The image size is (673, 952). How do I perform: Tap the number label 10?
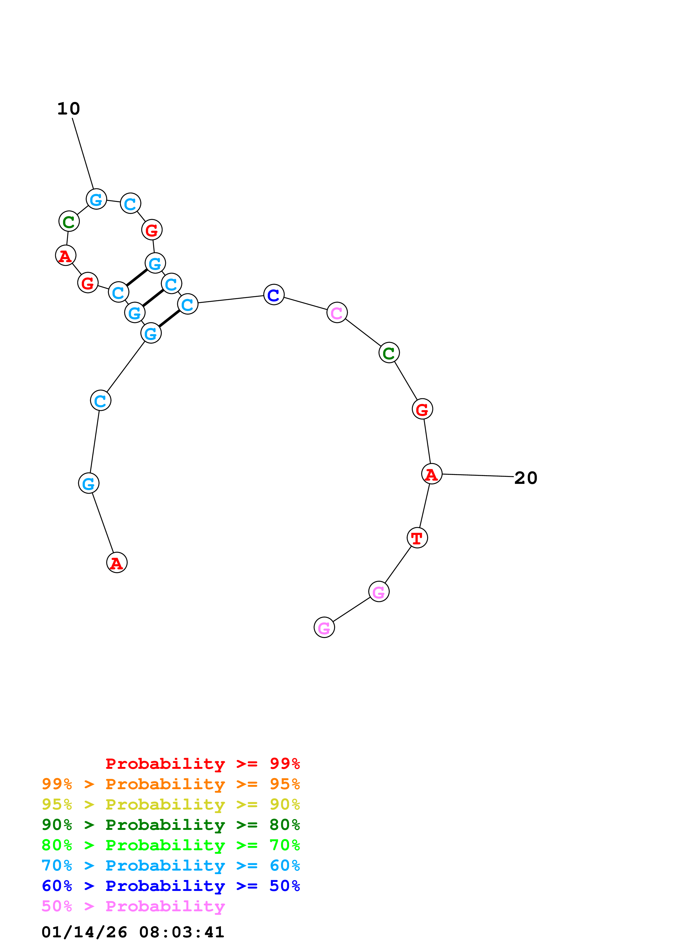(68, 109)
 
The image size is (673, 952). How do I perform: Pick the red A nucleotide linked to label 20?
(431, 474)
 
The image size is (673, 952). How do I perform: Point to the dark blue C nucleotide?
(274, 295)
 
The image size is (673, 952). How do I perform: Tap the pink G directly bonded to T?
(379, 592)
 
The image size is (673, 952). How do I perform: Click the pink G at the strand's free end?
(324, 628)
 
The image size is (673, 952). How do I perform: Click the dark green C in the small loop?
(69, 221)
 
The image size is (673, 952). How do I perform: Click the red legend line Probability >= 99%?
(202, 764)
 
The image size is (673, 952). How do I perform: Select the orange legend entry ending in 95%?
(170, 784)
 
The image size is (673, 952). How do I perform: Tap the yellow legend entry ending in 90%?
(170, 804)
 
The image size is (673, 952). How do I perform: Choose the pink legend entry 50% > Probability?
(133, 906)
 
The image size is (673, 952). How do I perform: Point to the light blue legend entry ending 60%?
(170, 866)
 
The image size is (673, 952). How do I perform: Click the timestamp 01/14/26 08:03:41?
(133, 932)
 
